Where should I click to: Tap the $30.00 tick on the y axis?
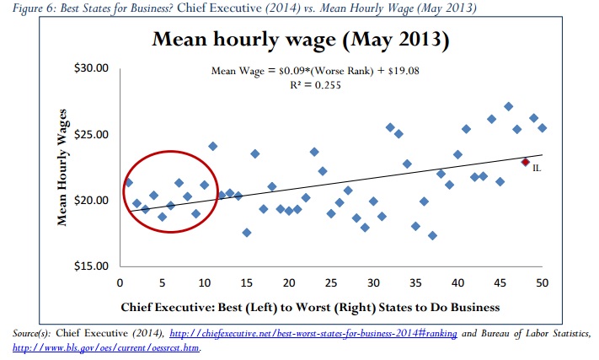(x=90, y=68)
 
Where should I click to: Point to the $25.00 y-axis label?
(x=90, y=135)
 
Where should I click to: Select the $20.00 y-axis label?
(x=90, y=201)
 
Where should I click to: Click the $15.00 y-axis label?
(x=90, y=267)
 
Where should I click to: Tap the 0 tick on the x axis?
(x=120, y=281)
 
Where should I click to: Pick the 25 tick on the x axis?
(x=330, y=281)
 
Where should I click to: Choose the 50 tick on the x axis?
(x=542, y=281)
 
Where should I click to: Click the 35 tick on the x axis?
(x=415, y=281)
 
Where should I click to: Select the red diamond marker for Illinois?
(x=525, y=162)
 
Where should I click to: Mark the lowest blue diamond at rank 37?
(x=432, y=235)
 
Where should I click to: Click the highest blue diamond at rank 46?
(x=508, y=107)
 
